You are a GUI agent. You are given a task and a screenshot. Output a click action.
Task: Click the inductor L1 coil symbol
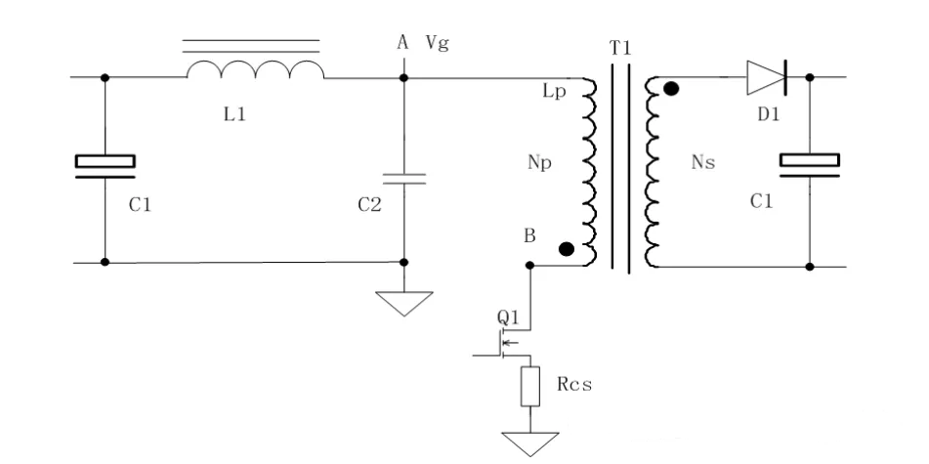(x=255, y=70)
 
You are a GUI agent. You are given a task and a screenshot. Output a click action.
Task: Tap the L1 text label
(x=234, y=114)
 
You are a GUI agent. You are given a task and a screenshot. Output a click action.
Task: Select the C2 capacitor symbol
(x=404, y=179)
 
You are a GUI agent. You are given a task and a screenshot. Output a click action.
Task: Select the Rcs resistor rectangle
(x=531, y=386)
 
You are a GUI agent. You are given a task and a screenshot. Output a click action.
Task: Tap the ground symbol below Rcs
(x=531, y=441)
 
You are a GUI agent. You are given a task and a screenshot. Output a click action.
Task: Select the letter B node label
(x=528, y=235)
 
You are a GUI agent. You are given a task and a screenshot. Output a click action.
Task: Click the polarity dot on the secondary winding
(x=671, y=90)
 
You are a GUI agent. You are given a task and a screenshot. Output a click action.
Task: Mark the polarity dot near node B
(x=566, y=249)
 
